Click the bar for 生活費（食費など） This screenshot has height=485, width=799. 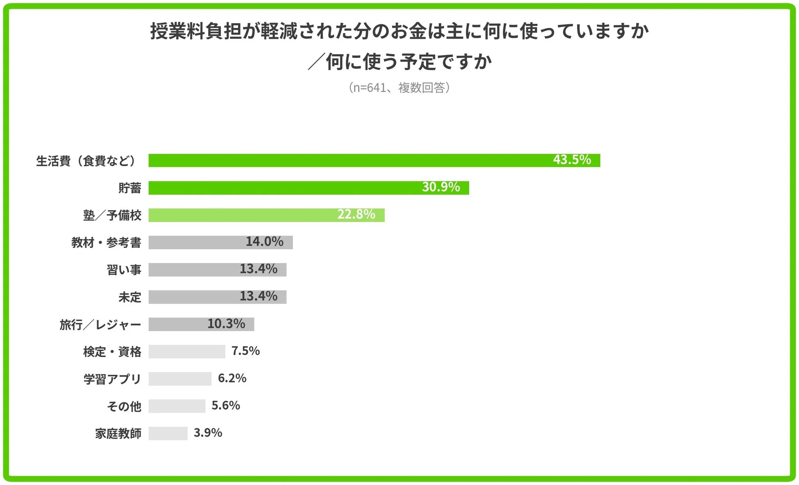(x=348, y=160)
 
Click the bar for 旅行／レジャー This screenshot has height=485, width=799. (x=176, y=324)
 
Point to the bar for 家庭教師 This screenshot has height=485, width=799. (x=168, y=433)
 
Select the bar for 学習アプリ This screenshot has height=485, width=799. (x=180, y=379)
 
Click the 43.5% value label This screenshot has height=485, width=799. (x=572, y=160)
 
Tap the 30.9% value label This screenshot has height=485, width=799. (x=441, y=187)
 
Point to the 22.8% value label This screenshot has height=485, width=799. (x=356, y=214)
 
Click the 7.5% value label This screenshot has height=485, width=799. (x=245, y=351)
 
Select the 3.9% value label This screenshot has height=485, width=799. (x=208, y=432)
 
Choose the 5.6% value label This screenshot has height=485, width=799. (x=225, y=405)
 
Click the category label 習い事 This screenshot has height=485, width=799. (x=124, y=270)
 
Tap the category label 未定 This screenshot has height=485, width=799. (x=129, y=297)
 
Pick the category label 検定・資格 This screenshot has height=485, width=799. (x=112, y=352)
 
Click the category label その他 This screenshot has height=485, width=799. (x=124, y=406)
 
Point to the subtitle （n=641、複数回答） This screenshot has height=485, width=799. (x=399, y=87)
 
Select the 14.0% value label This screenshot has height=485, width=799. (x=264, y=242)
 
